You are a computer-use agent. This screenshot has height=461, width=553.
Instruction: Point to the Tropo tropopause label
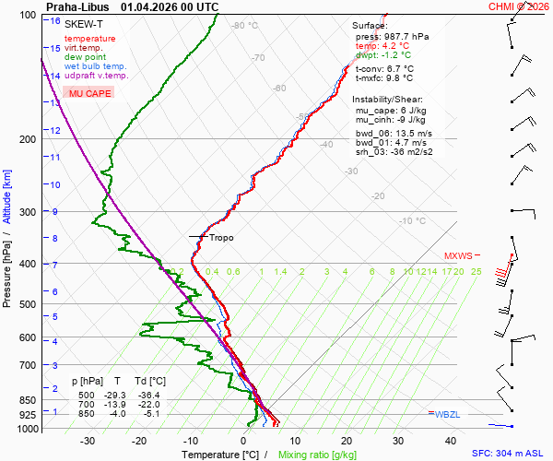click(x=221, y=238)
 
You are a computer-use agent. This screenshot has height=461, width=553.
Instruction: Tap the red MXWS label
click(x=458, y=256)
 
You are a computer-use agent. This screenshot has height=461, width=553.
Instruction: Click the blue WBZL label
click(x=447, y=415)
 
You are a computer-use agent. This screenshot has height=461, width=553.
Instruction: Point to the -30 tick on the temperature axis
click(x=88, y=441)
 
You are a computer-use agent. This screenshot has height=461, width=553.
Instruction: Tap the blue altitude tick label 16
click(x=56, y=21)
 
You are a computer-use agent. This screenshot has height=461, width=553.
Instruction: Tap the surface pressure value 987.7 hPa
click(x=406, y=36)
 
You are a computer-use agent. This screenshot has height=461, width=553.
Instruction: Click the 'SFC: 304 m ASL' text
click(x=510, y=455)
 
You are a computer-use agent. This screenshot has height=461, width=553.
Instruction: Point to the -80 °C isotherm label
click(x=245, y=26)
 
